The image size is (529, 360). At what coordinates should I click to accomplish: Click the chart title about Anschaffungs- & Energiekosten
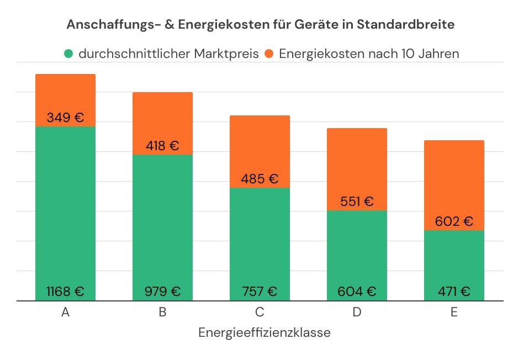pyautogui.click(x=261, y=25)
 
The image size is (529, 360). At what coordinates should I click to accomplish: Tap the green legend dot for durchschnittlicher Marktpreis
pyautogui.click(x=68, y=54)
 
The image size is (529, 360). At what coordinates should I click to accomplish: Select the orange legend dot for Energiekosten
pyautogui.click(x=269, y=54)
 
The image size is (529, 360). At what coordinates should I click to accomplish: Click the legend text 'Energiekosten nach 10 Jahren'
pyautogui.click(x=369, y=54)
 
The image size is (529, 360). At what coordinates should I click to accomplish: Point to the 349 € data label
pyautogui.click(x=65, y=118)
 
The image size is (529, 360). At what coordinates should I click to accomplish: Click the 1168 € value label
pyautogui.click(x=65, y=291)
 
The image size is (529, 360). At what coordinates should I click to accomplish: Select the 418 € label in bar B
pyautogui.click(x=162, y=146)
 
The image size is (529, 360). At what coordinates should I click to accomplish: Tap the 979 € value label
pyautogui.click(x=162, y=291)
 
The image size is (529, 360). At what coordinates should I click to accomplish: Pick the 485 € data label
pyautogui.click(x=260, y=179)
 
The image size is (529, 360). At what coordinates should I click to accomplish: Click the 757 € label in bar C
pyautogui.click(x=260, y=291)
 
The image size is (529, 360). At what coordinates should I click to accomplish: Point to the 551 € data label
pyautogui.click(x=357, y=202)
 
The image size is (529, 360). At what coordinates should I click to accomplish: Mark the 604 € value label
pyautogui.click(x=357, y=291)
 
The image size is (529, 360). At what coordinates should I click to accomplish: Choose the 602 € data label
pyautogui.click(x=454, y=221)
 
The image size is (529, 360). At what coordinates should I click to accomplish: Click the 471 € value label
pyautogui.click(x=454, y=291)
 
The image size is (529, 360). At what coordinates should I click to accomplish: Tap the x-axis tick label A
pyautogui.click(x=65, y=313)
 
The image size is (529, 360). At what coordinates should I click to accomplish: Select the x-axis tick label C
pyautogui.click(x=260, y=313)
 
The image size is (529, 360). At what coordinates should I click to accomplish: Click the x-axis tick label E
pyautogui.click(x=454, y=313)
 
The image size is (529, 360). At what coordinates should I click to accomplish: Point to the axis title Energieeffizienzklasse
pyautogui.click(x=264, y=333)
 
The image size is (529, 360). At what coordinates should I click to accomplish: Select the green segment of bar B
pyautogui.click(x=162, y=221)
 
